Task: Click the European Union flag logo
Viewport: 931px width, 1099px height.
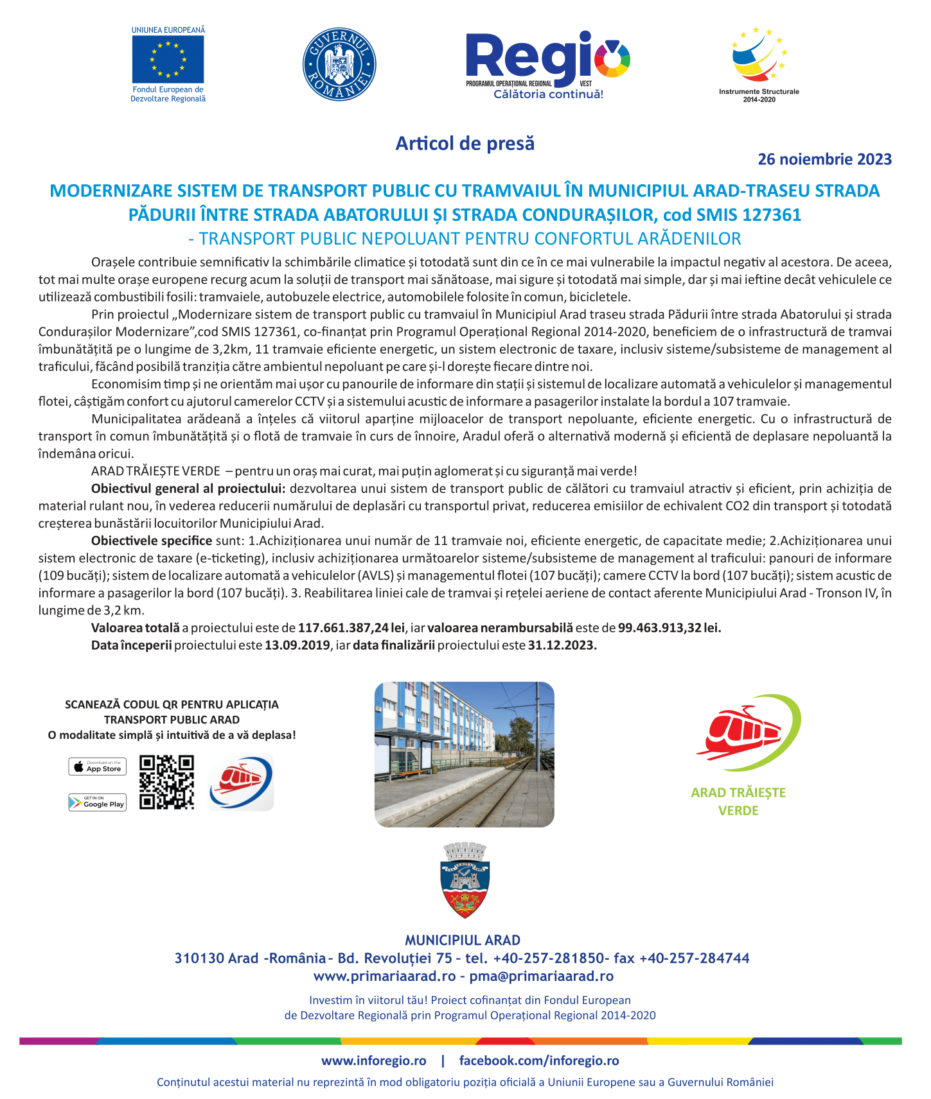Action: [x=168, y=59]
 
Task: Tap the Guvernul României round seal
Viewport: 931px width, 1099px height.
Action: [x=339, y=64]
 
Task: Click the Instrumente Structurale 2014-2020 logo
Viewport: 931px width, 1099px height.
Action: [x=759, y=64]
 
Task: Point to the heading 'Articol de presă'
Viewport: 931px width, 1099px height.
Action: [x=465, y=143]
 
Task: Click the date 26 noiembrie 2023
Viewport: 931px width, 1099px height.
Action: [x=824, y=159]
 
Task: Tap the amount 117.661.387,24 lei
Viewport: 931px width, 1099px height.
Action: [x=351, y=628]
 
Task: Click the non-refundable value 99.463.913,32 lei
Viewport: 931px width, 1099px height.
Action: [x=669, y=628]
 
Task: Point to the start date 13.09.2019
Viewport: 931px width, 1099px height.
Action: [x=297, y=645]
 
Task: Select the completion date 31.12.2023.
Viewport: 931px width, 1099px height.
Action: [x=562, y=645]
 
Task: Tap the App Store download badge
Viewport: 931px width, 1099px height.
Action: [x=98, y=766]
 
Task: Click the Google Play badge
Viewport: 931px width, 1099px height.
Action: [x=98, y=802]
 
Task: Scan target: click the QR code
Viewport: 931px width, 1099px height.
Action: [x=167, y=782]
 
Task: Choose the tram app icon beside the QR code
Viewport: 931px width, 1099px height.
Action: [x=241, y=782]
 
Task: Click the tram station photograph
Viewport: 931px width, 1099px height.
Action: [x=464, y=754]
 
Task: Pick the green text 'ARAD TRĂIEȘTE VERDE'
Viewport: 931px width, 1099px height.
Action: [x=738, y=801]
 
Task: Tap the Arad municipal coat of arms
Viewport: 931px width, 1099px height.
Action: [x=465, y=881]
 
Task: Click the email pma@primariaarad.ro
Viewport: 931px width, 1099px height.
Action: [x=541, y=976]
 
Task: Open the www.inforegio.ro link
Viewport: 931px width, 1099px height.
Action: [x=373, y=1060]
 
